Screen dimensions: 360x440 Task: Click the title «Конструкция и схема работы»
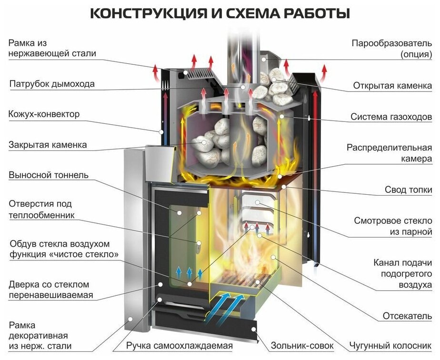pyautogui.click(x=220, y=13)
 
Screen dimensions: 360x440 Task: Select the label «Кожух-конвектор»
pyautogui.click(x=44, y=115)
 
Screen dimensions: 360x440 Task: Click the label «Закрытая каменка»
pyautogui.click(x=48, y=145)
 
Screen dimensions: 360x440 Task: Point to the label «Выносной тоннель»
pyautogui.click(x=49, y=175)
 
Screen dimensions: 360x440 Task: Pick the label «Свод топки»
pyautogui.click(x=409, y=190)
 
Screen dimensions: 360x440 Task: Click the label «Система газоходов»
pyautogui.click(x=391, y=117)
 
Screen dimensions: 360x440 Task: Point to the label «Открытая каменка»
pyautogui.click(x=393, y=86)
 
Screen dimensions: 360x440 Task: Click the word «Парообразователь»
pyautogui.click(x=392, y=43)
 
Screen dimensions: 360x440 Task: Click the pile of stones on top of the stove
pyautogui.click(x=275, y=86)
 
